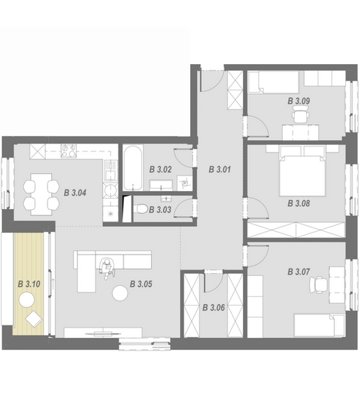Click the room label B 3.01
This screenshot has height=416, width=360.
[219, 169]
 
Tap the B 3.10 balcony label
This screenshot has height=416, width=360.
[29, 284]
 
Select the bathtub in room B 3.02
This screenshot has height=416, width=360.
[133, 167]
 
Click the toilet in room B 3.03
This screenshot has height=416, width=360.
[141, 209]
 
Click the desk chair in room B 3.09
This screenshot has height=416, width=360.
[300, 114]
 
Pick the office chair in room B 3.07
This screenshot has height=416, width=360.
[318, 285]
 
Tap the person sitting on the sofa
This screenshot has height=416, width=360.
[107, 268]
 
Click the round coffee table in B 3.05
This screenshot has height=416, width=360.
[120, 293]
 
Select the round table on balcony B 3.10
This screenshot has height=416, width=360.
[26, 300]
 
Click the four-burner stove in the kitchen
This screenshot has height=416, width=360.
[68, 151]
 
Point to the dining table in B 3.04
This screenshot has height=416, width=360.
[41, 194]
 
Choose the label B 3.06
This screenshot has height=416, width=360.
[213, 308]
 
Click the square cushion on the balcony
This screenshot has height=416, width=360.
[34, 318]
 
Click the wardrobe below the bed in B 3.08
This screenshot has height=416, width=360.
[296, 230]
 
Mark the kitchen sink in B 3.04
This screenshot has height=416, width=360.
[111, 170]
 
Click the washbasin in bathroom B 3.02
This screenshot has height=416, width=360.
[161, 185]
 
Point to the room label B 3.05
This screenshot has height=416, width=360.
[141, 284]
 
